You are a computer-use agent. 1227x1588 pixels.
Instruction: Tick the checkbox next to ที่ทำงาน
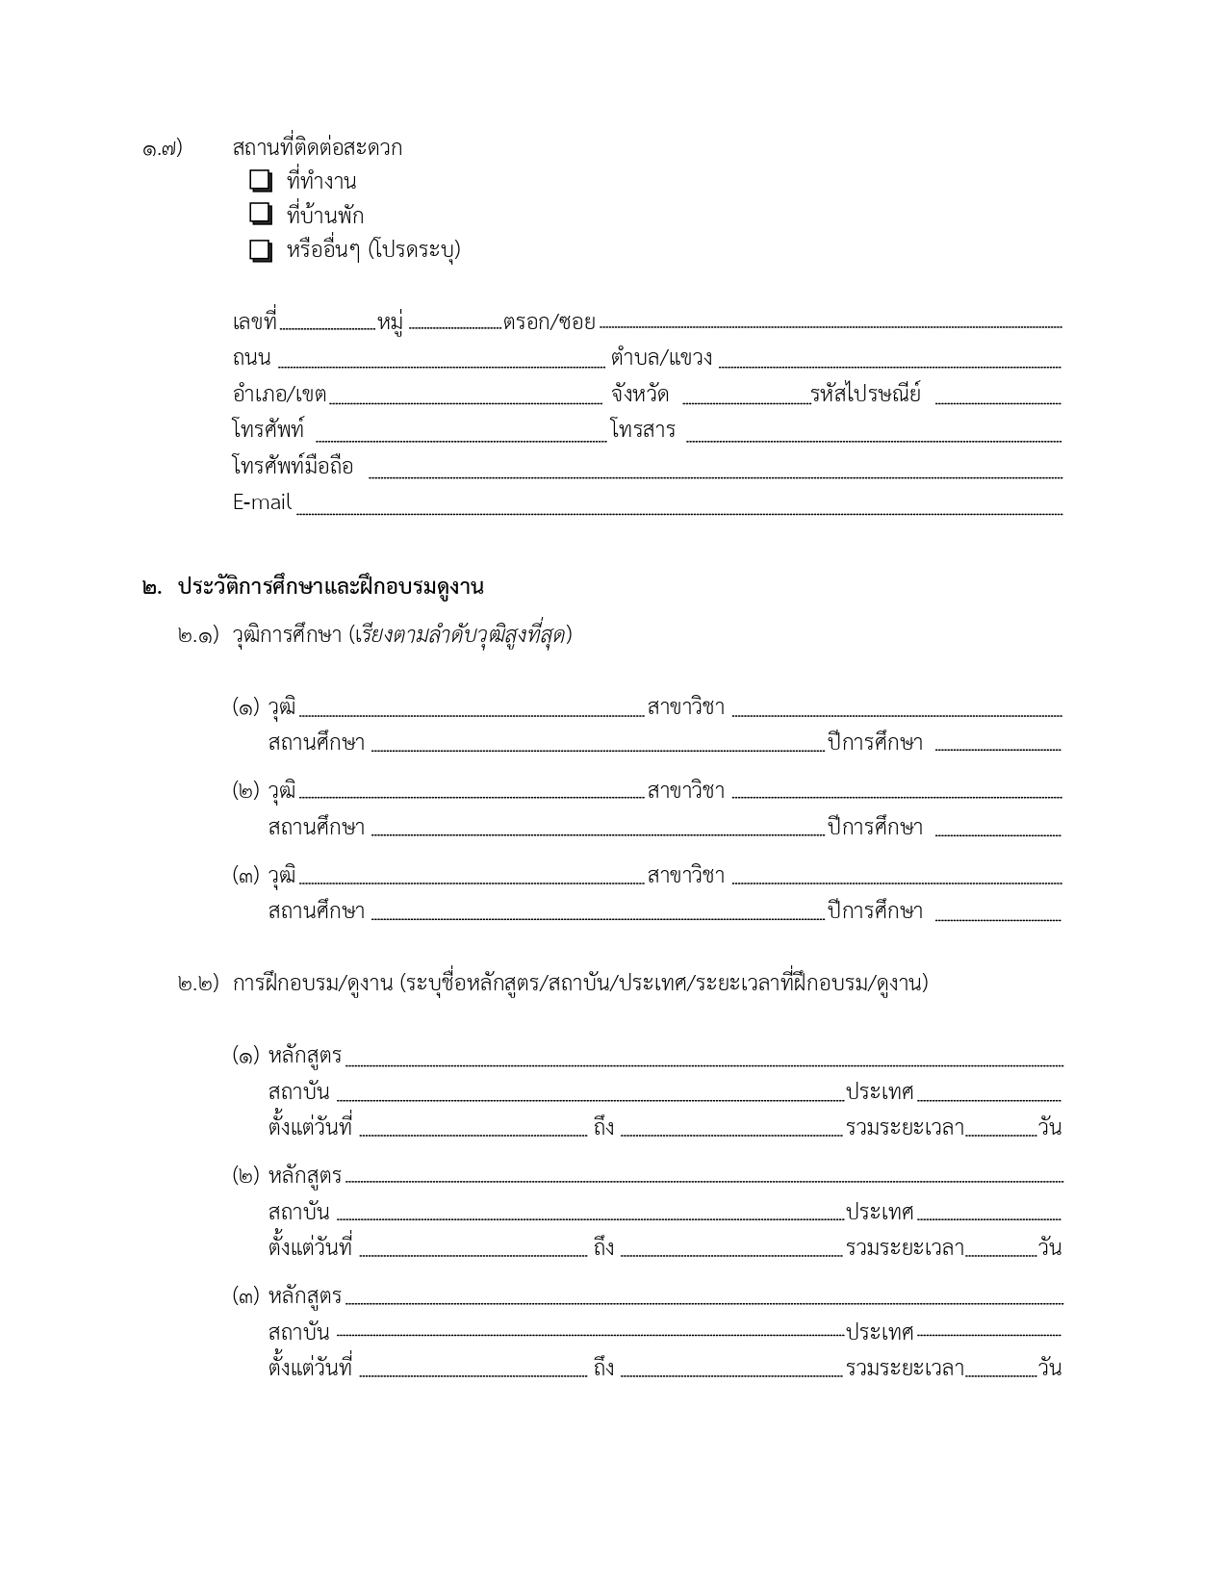pos(260,181)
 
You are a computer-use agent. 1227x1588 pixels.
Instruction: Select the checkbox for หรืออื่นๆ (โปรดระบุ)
pos(260,250)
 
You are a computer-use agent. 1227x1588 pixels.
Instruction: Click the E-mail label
pos(262,502)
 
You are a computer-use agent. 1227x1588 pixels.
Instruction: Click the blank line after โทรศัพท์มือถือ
pos(715,474)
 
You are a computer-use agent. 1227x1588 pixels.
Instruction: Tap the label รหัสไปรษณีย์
pos(865,394)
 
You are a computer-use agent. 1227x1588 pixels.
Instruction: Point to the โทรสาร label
pos(643,430)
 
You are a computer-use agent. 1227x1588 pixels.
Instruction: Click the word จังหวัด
pos(640,394)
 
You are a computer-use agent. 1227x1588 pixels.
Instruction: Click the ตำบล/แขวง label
pos(661,358)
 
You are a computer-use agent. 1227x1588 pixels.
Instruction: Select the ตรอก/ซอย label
pos(549,321)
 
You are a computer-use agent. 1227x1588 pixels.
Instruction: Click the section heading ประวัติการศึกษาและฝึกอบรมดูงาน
pos(330,587)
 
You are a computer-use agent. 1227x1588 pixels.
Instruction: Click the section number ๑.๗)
pos(162,149)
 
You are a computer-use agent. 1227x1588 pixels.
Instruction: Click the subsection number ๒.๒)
pos(197,985)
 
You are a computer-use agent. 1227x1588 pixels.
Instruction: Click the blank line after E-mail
pos(678,511)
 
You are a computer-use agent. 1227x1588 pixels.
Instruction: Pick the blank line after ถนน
pos(441,365)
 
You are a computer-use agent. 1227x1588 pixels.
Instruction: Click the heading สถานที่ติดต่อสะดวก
pos(317,148)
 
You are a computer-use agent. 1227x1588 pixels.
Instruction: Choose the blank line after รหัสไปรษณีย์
pos(997,400)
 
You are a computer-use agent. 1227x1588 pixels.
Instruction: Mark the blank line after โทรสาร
pos(873,438)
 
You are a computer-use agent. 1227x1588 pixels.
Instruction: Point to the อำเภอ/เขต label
pos(279,394)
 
